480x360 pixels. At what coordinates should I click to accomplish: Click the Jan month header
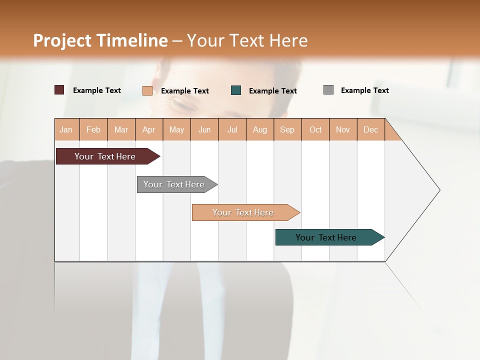point(66,129)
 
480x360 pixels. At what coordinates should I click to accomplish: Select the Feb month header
point(93,129)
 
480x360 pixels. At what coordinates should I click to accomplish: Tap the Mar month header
point(121,129)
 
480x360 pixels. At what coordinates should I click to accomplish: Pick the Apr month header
point(149,129)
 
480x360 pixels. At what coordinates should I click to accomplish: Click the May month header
point(176,129)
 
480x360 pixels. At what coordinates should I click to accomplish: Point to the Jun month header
point(204,129)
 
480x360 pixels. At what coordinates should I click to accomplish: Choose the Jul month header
point(232,129)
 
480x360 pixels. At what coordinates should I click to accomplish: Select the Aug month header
point(260,129)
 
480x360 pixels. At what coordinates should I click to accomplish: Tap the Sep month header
point(287,129)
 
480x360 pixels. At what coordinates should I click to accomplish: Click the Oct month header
point(315,129)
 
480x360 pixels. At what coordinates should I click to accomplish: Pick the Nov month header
point(343,129)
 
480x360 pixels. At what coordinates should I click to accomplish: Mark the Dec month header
point(371,129)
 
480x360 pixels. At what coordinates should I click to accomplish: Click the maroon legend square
point(59,90)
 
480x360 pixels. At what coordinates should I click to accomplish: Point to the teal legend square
point(236,90)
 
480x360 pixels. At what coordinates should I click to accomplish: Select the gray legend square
point(328,90)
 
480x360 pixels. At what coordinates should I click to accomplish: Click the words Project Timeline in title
point(100,40)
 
